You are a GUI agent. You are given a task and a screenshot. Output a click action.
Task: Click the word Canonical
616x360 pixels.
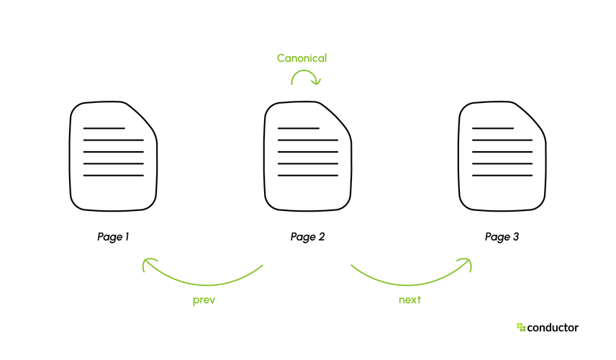tap(302, 58)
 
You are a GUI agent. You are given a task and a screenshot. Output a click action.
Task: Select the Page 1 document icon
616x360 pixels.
tap(113, 156)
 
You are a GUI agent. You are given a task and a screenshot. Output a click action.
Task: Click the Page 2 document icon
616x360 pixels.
tap(307, 156)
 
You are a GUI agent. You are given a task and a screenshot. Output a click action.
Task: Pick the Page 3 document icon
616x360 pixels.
tap(502, 156)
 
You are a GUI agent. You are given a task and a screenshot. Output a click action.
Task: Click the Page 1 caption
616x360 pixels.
tap(113, 237)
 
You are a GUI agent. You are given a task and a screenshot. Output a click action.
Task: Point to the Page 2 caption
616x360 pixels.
tap(307, 237)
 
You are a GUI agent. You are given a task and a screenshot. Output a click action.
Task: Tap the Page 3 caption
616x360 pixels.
tap(502, 237)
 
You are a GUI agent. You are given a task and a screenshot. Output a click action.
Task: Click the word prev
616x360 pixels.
tap(204, 300)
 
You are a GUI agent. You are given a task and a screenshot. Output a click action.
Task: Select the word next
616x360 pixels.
tap(409, 300)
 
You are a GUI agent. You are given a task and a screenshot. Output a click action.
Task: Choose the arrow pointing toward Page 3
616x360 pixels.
tap(409, 284)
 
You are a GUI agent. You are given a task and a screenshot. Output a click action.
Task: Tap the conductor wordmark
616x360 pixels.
tap(553, 328)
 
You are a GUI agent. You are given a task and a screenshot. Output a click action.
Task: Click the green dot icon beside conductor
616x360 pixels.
tap(521, 327)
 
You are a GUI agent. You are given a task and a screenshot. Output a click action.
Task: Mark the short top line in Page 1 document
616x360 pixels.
tap(104, 128)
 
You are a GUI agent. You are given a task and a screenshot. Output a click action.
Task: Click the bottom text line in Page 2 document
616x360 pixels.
tap(307, 175)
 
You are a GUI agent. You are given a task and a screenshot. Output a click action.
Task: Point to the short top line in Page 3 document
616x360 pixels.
tap(493, 128)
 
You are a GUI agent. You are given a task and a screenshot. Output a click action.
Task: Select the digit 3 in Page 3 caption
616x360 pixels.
tap(516, 237)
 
